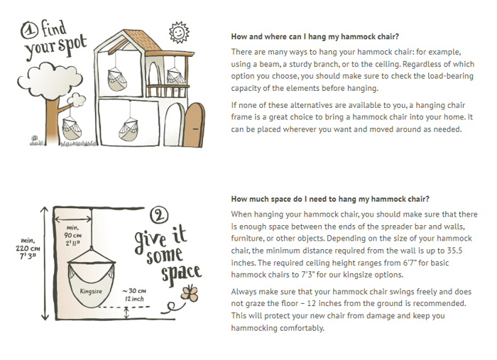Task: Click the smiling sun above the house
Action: [x=179, y=32]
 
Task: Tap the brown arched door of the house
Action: [x=195, y=124]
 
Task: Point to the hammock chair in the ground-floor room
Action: [x=129, y=129]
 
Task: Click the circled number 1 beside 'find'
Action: [x=30, y=31]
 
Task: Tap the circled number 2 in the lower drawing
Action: [x=159, y=215]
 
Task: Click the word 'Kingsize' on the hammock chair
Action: [x=91, y=291]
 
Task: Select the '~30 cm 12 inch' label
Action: [x=135, y=295]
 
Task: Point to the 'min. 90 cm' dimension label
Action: [x=73, y=235]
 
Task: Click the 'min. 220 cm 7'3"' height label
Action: [x=28, y=248]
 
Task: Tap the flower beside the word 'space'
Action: [x=190, y=293]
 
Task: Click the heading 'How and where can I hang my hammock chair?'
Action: [x=315, y=37]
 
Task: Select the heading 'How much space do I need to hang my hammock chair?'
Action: [x=330, y=199]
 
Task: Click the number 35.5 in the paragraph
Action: [x=454, y=251]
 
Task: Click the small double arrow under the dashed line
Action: [x=126, y=313]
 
